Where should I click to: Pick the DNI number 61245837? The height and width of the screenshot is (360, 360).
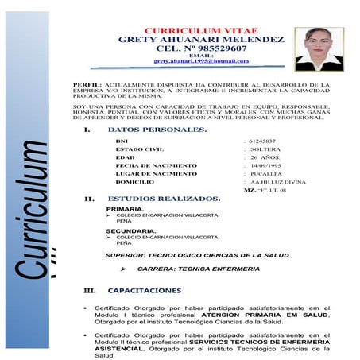263,141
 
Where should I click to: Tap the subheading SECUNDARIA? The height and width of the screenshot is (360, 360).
130,230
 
